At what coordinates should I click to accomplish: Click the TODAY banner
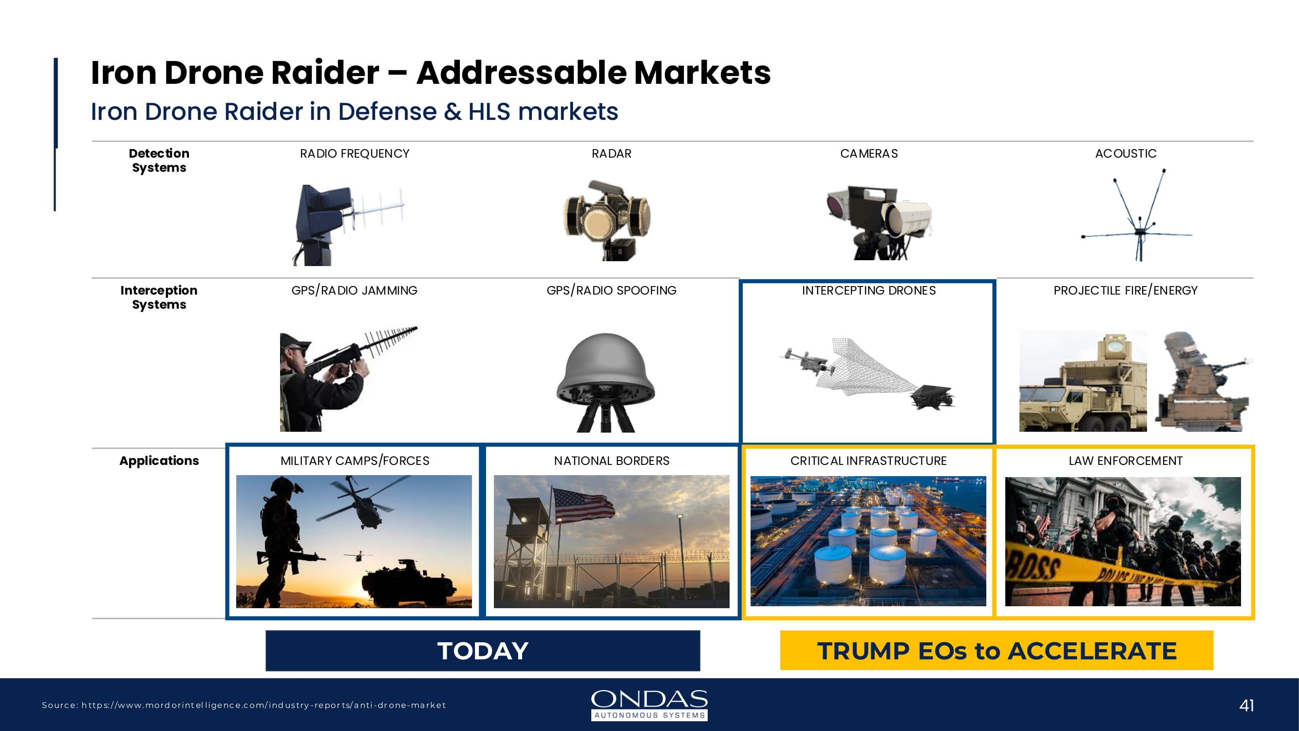483,650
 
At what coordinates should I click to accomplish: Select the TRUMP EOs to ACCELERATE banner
997,650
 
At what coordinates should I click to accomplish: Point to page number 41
1246,705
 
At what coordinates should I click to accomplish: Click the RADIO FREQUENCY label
355,154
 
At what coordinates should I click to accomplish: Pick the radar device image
607,220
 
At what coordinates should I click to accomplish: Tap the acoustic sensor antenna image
1138,215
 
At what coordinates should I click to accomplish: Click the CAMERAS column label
869,154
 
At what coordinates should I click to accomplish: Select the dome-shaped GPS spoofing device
605,382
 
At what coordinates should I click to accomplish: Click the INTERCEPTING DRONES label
869,290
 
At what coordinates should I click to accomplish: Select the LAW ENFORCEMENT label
1126,461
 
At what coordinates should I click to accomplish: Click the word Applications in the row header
159,461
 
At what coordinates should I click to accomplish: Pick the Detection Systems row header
159,160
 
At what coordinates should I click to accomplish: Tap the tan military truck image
1083,382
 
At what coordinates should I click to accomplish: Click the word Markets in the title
702,73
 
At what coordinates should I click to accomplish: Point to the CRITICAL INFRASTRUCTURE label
868,461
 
